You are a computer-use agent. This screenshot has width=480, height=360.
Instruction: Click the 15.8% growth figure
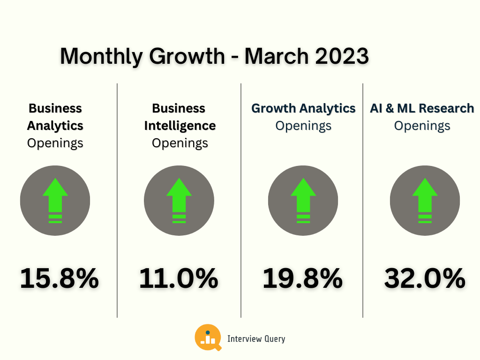pyautogui.click(x=60, y=278)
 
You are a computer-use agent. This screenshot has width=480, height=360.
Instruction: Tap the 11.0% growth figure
pyautogui.click(x=179, y=278)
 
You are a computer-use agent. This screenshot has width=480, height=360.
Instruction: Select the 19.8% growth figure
pyautogui.click(x=302, y=278)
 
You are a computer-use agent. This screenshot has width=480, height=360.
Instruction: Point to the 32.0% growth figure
pyautogui.click(x=425, y=278)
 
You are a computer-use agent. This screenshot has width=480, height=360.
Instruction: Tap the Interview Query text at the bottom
pyautogui.click(x=256, y=339)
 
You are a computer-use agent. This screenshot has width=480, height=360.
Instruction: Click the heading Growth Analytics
pyautogui.click(x=303, y=108)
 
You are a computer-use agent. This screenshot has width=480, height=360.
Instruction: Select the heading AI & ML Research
pyautogui.click(x=422, y=108)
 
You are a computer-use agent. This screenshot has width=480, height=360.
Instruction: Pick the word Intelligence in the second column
pyautogui.click(x=180, y=126)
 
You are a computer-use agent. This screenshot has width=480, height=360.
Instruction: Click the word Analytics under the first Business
pyautogui.click(x=55, y=126)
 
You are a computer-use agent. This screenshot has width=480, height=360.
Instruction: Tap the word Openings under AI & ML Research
pyautogui.click(x=422, y=126)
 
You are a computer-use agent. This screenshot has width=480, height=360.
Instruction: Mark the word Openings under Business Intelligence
pyautogui.click(x=180, y=143)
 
